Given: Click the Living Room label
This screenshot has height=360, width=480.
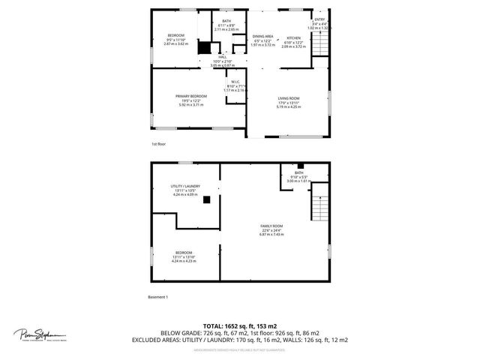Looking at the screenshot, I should click(289, 98).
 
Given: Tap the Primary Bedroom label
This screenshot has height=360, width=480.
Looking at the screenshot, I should click(191, 96).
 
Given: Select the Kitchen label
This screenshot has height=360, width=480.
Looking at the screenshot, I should click(293, 37).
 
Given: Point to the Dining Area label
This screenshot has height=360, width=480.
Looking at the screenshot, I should click(262, 36).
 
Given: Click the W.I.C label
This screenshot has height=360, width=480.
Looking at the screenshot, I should click(235, 82).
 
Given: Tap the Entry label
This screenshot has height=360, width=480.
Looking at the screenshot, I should click(319, 19).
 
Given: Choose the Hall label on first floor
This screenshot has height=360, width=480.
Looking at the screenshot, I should click(223, 57).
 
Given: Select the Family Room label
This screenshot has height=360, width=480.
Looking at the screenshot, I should click(271, 226).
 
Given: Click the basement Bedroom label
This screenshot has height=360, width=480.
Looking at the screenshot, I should click(184, 252).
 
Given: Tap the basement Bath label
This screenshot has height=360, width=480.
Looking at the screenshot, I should click(298, 172).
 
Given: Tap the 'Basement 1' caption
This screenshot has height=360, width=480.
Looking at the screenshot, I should click(157, 297).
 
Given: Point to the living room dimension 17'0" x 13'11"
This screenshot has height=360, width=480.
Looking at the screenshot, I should click(289, 103).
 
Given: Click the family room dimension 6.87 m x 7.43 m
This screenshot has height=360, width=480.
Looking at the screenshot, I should click(271, 235).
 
